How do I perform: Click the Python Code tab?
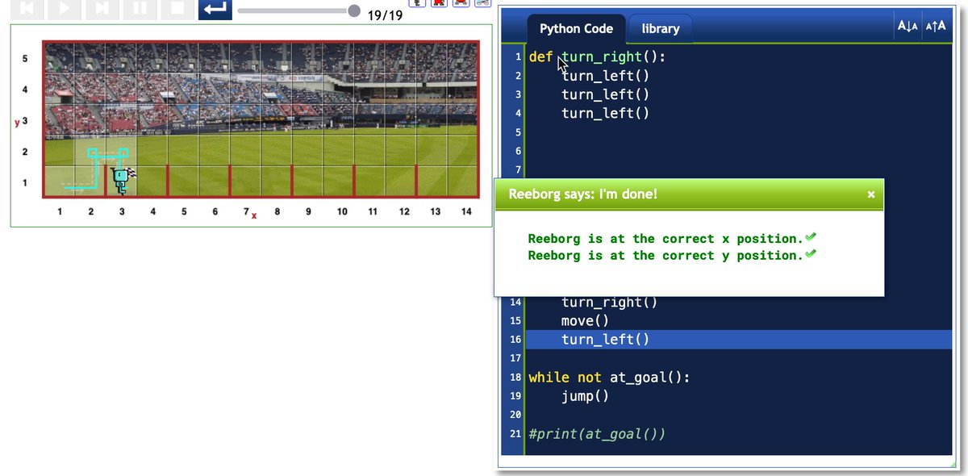coord(576,29)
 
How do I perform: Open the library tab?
coord(660,29)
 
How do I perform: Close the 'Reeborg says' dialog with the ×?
coord(870,194)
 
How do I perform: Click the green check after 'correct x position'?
coord(811,237)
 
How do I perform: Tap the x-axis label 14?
coord(466,212)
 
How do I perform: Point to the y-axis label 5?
coord(24,59)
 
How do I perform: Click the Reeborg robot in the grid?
coord(121,180)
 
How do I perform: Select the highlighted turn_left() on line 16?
coord(605,340)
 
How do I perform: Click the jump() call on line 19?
coord(585,396)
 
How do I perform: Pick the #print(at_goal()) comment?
coord(597,434)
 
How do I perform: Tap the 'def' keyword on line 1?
coord(541,57)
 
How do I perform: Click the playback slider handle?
coord(354,10)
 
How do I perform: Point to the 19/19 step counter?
coord(385,15)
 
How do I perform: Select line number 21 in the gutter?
coord(515,434)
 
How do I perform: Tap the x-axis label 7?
coord(246,212)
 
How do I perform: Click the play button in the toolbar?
coord(65,8)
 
